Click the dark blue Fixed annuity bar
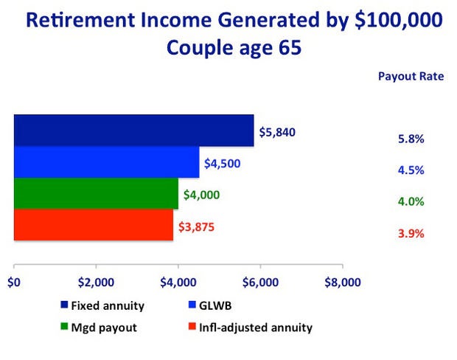(133, 131)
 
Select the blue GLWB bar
(107, 162)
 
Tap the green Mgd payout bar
(96, 193)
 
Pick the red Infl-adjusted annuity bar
(94, 225)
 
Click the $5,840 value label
(277, 133)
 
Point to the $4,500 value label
(223, 164)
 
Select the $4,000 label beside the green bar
(201, 195)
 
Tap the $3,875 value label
(197, 227)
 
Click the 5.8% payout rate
(411, 139)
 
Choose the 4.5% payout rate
(411, 170)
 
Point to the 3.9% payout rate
(411, 234)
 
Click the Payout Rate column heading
(411, 77)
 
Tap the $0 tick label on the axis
(14, 283)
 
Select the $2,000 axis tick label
(96, 283)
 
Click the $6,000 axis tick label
(260, 283)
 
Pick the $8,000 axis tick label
(343, 283)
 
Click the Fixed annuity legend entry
(102, 305)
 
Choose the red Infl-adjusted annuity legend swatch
(192, 326)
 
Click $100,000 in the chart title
(399, 21)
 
